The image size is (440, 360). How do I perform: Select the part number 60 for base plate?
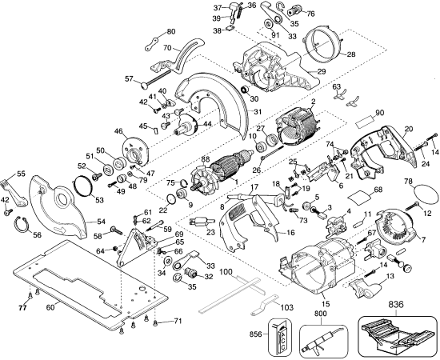click(x=50, y=306)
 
